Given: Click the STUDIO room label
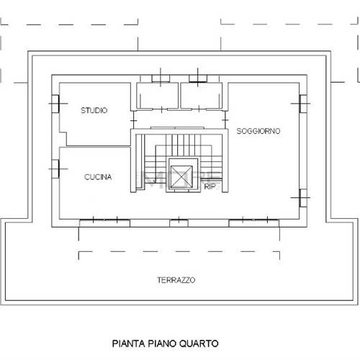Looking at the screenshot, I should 94,110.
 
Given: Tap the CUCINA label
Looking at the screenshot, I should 97,177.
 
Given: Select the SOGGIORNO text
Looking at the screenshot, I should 258,131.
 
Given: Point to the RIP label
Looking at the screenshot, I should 210,186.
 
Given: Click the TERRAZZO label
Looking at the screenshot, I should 176,279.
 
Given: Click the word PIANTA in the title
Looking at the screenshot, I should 129,343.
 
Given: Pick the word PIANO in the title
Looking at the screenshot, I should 163,343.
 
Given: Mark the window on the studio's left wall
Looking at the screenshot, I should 55,104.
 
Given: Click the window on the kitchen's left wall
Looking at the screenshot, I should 55,168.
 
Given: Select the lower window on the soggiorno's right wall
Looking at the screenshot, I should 303,197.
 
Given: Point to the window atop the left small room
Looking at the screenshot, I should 157,77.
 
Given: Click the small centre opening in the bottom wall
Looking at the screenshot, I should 178,222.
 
